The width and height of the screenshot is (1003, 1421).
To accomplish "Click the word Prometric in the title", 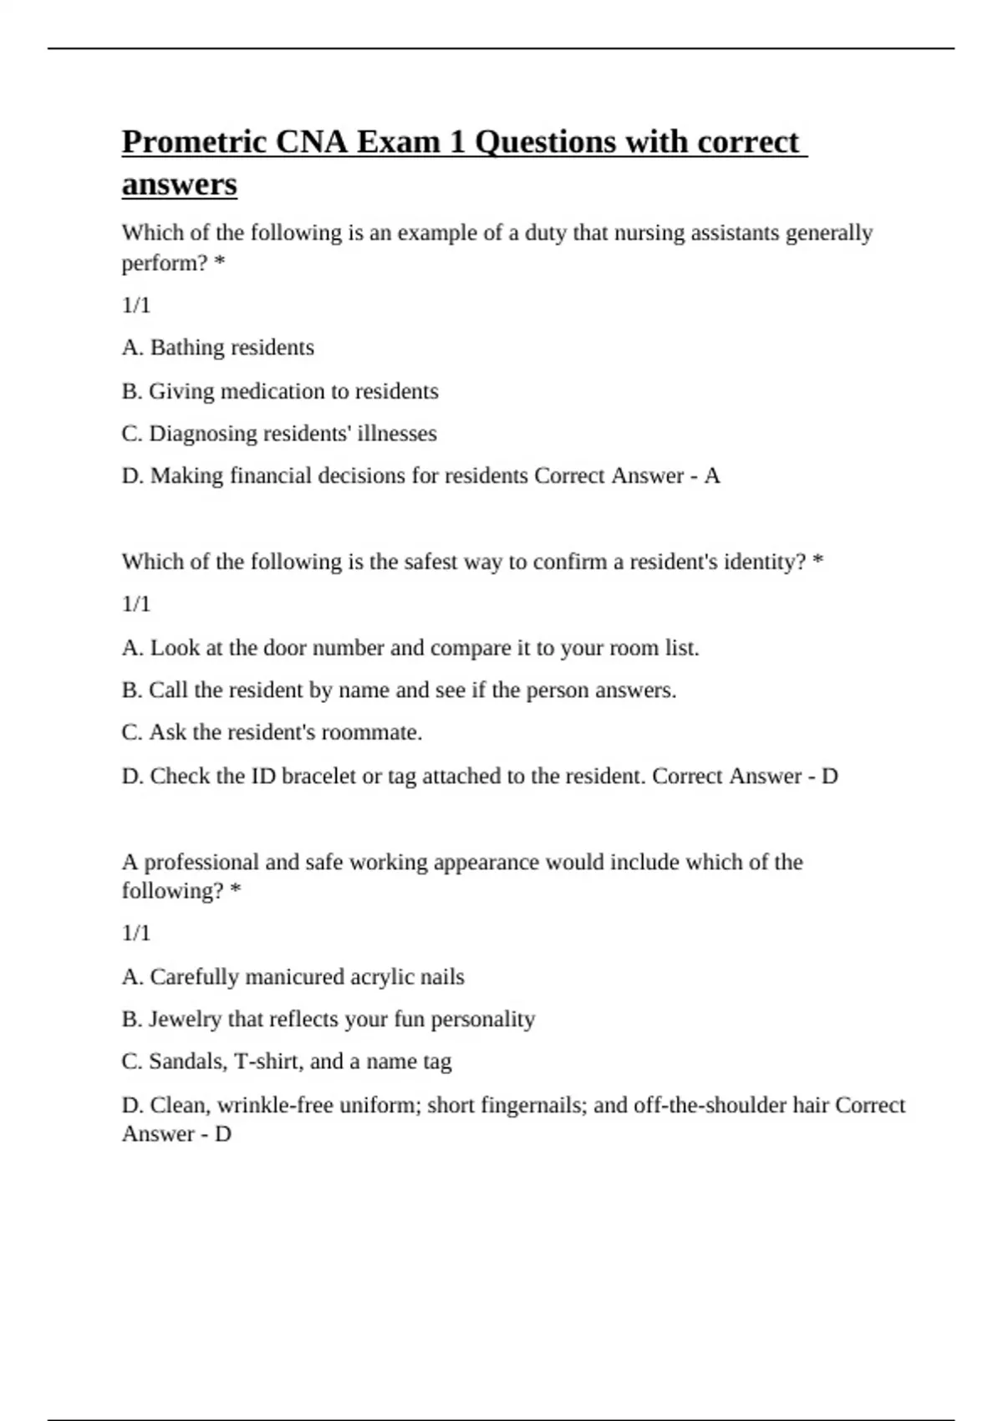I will click(195, 142).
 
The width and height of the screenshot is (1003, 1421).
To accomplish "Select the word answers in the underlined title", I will click(180, 184).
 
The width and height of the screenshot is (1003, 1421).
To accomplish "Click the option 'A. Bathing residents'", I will click(218, 348).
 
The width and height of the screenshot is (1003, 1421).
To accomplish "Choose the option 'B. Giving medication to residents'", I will click(280, 391).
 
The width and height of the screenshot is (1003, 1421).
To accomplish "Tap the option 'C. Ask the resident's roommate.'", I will click(272, 732).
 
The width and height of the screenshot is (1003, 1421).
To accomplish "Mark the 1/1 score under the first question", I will click(136, 306).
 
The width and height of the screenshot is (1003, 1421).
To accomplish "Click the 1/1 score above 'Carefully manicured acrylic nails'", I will click(136, 933).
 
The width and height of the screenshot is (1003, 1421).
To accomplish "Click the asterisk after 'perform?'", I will click(220, 262).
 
